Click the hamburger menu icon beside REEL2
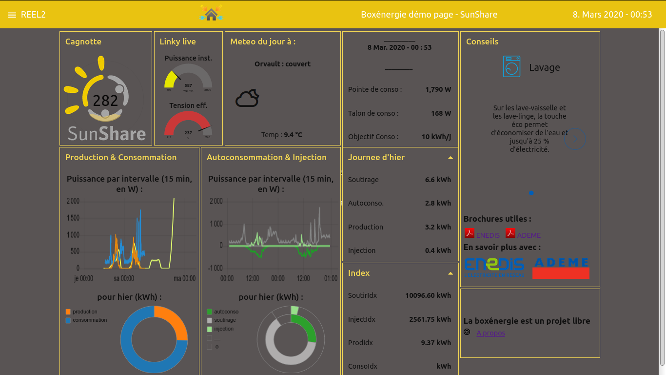pyautogui.click(x=12, y=15)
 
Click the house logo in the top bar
pyautogui.click(x=211, y=14)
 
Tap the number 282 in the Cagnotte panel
pyautogui.click(x=105, y=101)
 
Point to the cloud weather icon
pyautogui.click(x=247, y=98)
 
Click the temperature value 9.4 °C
pyautogui.click(x=293, y=135)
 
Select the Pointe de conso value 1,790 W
pyautogui.click(x=438, y=89)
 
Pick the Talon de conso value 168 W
pyautogui.click(x=441, y=113)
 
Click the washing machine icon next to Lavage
pyautogui.click(x=511, y=66)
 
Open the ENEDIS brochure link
pyautogui.click(x=487, y=235)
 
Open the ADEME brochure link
pyautogui.click(x=528, y=235)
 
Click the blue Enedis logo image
pyautogui.click(x=494, y=267)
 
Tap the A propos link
pyautogui.click(x=490, y=333)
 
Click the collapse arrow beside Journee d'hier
pyautogui.click(x=451, y=158)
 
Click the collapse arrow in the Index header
pyautogui.click(x=451, y=273)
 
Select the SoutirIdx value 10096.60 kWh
pyautogui.click(x=428, y=295)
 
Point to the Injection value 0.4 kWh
pyautogui.click(x=438, y=250)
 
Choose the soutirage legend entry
pyautogui.click(x=224, y=320)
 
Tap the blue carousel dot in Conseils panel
pyautogui.click(x=531, y=193)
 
